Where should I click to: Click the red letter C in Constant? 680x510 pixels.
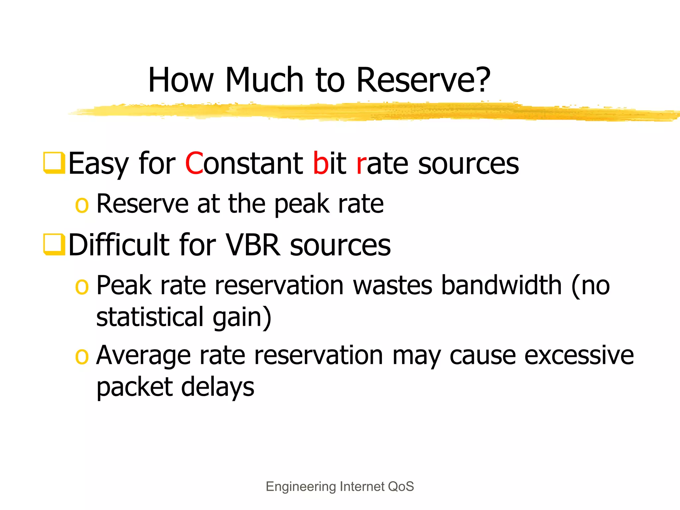pos(194,163)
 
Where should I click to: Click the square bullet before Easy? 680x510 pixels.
pos(54,163)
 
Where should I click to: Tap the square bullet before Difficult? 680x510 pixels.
pos(54,244)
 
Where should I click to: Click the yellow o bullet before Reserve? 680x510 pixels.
pos(82,205)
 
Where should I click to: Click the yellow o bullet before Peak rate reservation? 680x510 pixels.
pos(82,287)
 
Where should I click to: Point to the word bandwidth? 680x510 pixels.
pos(501,285)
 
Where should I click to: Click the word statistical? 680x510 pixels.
pos(150,317)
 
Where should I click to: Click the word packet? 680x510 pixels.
pos(134,388)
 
